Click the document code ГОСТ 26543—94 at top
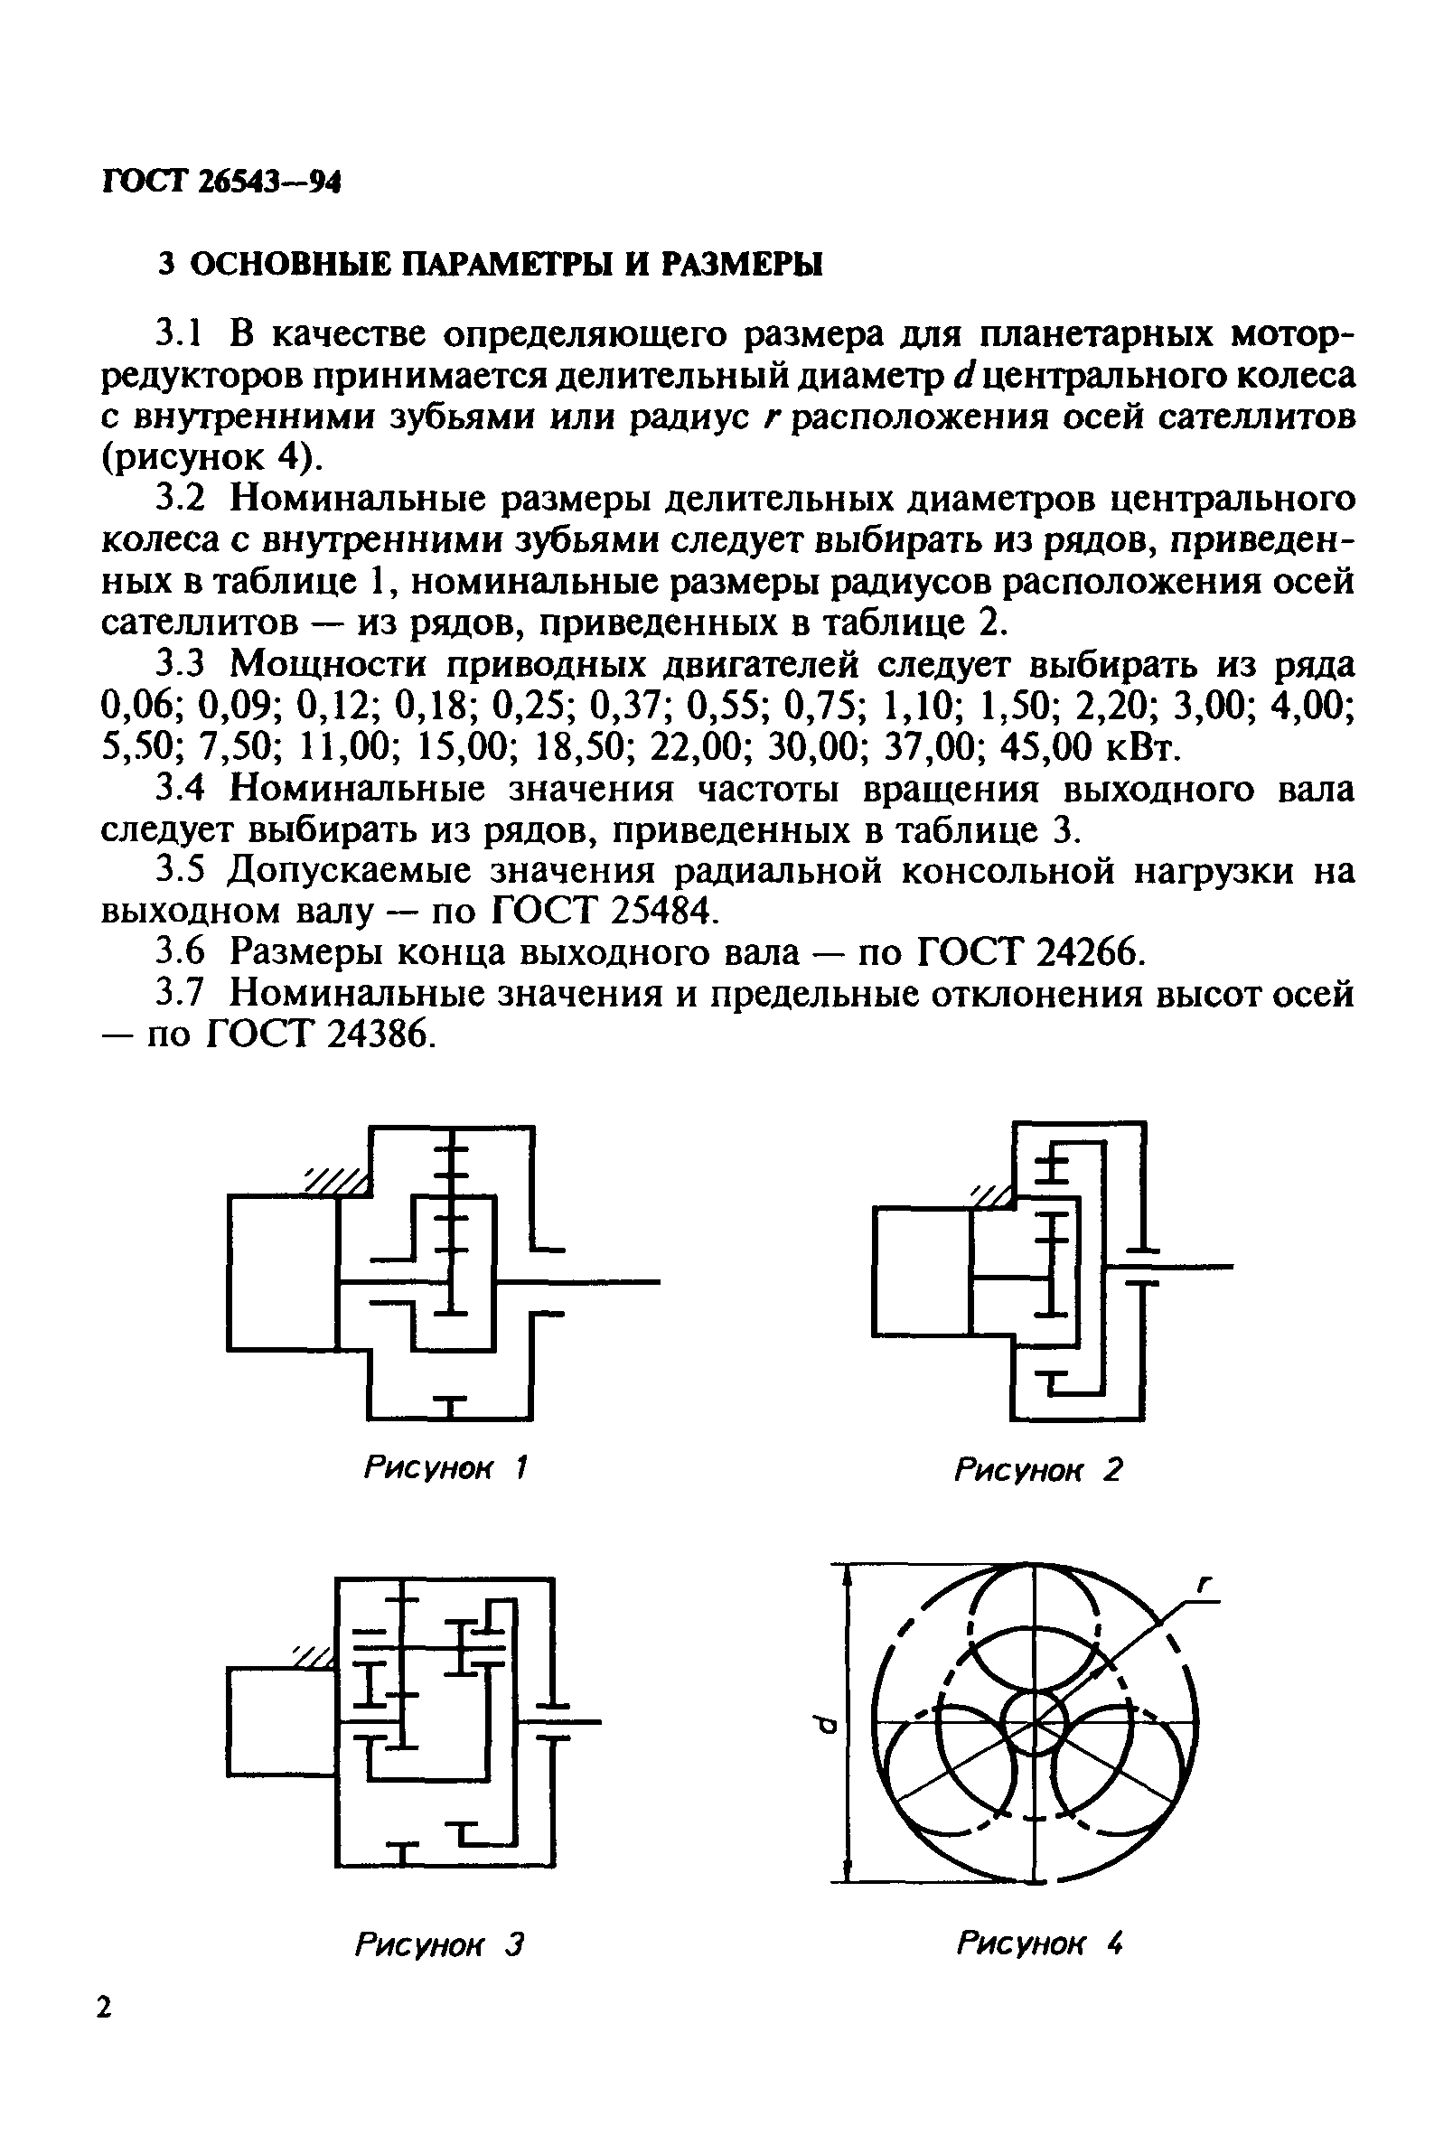coord(220,183)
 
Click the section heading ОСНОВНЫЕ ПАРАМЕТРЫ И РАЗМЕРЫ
coord(492,266)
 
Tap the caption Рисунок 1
coord(445,1467)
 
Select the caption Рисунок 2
coord(1038,1469)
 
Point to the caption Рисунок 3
coord(439,1944)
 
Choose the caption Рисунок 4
coord(1039,1943)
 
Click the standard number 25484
coord(664,912)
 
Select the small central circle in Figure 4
coord(1035,1722)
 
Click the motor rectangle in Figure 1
coord(284,1272)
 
